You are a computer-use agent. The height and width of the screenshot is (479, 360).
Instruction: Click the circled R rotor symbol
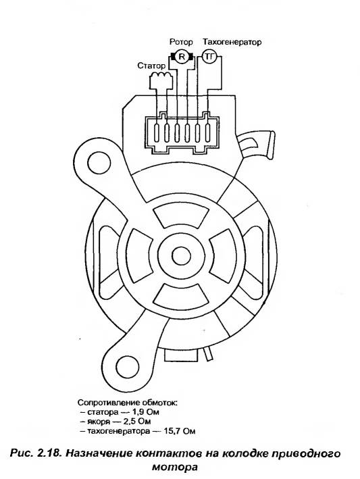coord(182,56)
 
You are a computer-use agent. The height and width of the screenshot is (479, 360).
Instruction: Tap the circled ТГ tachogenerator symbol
coord(209,56)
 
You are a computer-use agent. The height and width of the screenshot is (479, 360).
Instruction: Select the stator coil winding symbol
coord(160,75)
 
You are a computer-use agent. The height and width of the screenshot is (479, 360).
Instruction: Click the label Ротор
coord(182,41)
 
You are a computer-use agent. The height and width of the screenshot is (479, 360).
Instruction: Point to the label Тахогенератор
coord(232,41)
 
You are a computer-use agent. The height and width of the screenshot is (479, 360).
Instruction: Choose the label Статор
coord(151,66)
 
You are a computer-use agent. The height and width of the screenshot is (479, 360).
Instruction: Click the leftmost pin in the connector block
coord(157,133)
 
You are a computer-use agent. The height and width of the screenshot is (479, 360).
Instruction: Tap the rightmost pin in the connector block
coord(208,133)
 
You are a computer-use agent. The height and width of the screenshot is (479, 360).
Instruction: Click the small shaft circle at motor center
coord(182,255)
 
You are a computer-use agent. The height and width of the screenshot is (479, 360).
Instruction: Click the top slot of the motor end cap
coord(182,217)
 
